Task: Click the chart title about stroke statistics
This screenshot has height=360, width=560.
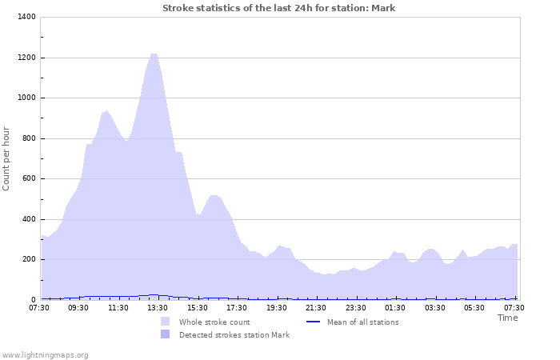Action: click(278, 8)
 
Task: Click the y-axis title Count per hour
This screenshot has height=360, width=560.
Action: click(7, 158)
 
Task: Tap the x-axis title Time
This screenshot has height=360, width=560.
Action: click(507, 318)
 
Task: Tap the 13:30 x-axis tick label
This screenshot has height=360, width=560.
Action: click(158, 308)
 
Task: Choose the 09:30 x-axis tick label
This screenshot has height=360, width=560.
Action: click(78, 308)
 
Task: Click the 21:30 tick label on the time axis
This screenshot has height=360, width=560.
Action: click(316, 308)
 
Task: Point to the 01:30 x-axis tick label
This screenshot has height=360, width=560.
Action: click(395, 308)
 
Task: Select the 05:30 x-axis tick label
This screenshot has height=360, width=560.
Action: click(474, 308)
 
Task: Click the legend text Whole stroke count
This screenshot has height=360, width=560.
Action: click(214, 322)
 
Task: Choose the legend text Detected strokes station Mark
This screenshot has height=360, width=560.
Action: click(234, 335)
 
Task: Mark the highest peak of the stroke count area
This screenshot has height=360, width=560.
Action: click(153, 54)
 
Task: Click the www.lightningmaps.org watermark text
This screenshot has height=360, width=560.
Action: click(45, 354)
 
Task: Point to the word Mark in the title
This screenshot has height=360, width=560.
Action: click(383, 8)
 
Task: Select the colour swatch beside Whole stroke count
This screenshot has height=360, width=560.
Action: click(165, 322)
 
